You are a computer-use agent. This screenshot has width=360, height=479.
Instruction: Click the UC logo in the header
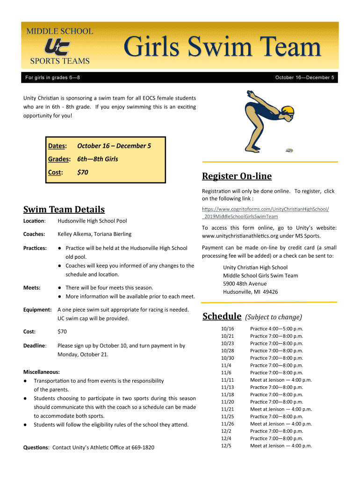(57, 46)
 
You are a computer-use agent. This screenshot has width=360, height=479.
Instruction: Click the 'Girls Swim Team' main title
(223, 49)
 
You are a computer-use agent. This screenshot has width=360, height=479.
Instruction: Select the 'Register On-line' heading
(237, 176)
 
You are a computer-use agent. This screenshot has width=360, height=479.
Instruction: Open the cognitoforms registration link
(265, 212)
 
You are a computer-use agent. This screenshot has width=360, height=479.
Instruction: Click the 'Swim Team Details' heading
(64, 210)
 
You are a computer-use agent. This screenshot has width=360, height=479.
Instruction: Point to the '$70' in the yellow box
(82, 173)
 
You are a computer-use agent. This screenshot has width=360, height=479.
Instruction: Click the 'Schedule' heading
(222, 317)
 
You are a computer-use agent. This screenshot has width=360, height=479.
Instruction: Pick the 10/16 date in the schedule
(227, 329)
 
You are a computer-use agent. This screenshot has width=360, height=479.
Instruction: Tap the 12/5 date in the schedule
(226, 446)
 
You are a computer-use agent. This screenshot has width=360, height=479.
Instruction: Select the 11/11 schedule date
(227, 380)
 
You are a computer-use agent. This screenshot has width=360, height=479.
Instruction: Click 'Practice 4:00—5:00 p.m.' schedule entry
(276, 329)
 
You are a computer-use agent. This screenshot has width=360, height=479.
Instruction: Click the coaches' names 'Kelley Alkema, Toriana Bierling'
(94, 234)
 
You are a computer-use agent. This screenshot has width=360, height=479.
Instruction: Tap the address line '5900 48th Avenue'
(245, 284)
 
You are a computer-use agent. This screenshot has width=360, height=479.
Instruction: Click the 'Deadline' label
(35, 346)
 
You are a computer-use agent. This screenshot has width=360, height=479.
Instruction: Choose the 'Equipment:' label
(37, 310)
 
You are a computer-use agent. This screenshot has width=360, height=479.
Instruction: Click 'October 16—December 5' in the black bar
(304, 78)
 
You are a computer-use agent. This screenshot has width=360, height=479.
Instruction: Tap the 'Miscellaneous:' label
(42, 372)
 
